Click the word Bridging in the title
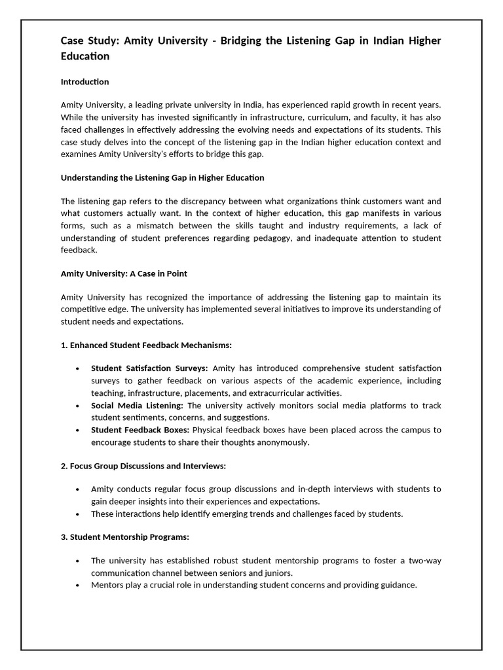coord(244,41)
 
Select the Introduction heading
coord(84,82)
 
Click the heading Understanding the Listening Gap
coord(162,177)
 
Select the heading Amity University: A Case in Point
coord(124,273)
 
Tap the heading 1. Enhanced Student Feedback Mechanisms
coord(146,345)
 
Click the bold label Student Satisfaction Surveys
coord(149,368)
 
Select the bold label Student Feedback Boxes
coord(140,430)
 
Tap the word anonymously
coord(277,442)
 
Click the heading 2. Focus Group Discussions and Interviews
coord(143,465)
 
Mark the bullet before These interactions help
coord(77,514)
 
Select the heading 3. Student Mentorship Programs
coord(124,537)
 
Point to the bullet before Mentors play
coord(77,585)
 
